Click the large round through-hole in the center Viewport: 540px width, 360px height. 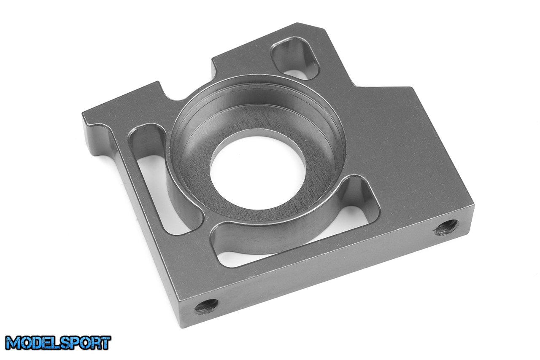pos(258,172)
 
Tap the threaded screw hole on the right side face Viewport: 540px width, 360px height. pos(446,227)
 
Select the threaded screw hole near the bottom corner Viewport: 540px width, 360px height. pos(206,306)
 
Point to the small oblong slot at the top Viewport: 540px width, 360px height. pos(295,58)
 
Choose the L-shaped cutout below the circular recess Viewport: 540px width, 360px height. pos(294,231)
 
